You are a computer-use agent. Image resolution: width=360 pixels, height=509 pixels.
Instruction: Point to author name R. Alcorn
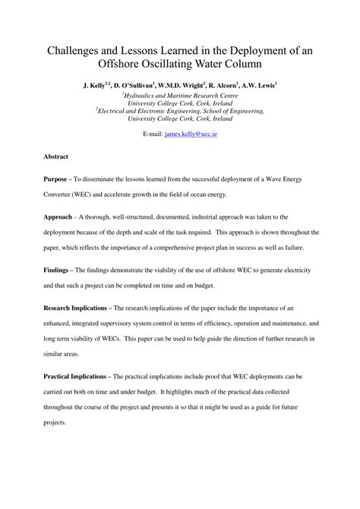pyautogui.click(x=233, y=87)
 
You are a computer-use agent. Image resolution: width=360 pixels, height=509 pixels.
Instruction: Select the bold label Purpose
pyautogui.click(x=57, y=179)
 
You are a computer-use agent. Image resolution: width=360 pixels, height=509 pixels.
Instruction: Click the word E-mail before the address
pyautogui.click(x=153, y=133)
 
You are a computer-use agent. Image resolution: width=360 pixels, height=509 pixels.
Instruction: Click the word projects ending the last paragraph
pyautogui.click(x=55, y=422)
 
